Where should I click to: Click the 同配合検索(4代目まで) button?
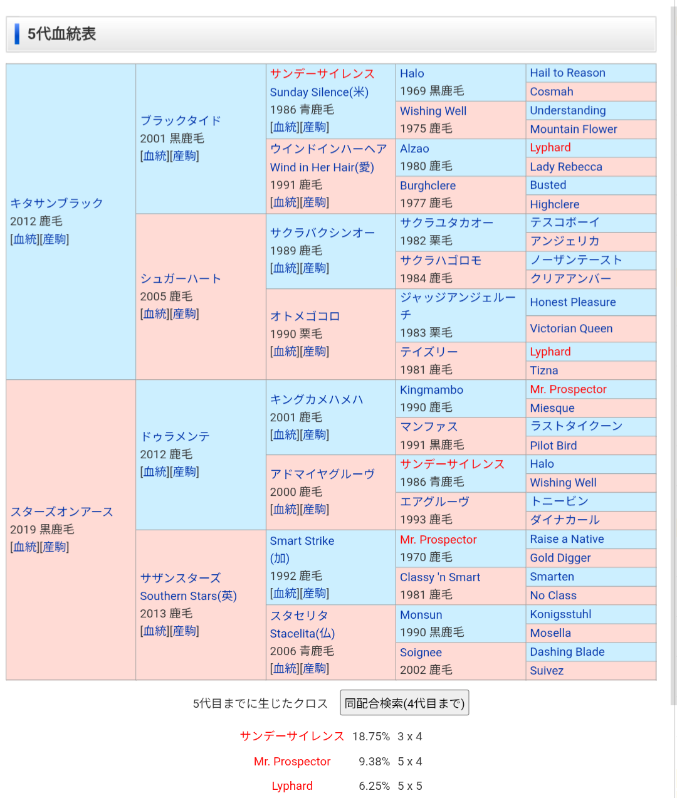[404, 703]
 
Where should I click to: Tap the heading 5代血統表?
[61, 34]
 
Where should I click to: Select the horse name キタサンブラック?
[56, 203]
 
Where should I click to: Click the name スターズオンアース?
[61, 512]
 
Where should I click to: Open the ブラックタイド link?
[181, 120]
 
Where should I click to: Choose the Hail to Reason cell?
[567, 73]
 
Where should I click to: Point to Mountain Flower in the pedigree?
[573, 129]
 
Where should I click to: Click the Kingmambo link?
[431, 390]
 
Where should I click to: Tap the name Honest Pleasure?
[572, 302]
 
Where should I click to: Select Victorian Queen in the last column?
[571, 328]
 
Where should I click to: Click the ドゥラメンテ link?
[175, 436]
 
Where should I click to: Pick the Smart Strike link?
[302, 541]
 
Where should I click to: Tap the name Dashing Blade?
[567, 652]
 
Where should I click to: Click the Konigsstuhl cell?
[560, 614]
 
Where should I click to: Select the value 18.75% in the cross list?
[370, 737]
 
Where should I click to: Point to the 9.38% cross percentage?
[374, 762]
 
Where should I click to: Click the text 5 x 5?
[410, 786]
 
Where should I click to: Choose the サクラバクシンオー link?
[322, 233]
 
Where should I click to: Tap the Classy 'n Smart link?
[440, 577]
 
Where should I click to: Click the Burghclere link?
[428, 186]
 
